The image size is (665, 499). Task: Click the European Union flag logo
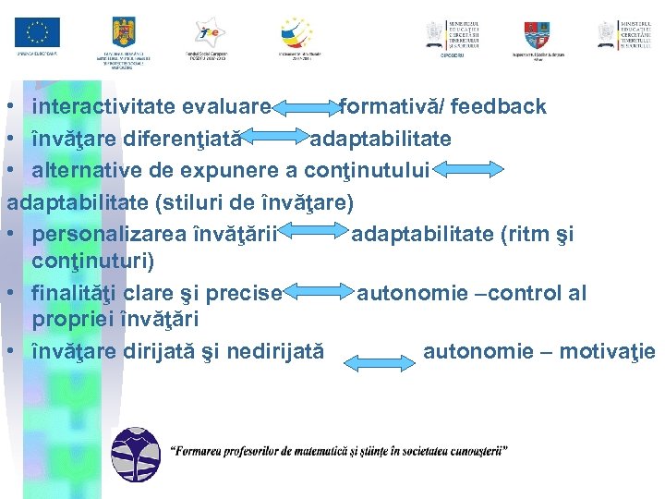pos(37,32)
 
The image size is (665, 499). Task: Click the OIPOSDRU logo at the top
pos(453,34)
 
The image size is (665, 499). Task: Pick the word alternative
pos(83,169)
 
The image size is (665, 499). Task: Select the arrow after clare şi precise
pos(320,295)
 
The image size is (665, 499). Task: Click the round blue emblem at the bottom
pos(135,452)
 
